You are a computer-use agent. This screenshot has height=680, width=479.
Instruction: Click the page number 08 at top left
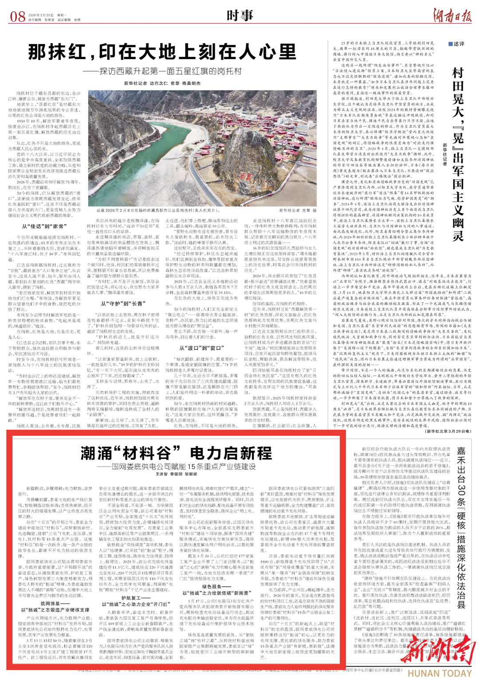point(18,16)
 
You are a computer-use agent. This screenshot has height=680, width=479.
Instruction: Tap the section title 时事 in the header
point(239,16)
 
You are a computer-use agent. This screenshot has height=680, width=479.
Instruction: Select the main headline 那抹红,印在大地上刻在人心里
point(162,52)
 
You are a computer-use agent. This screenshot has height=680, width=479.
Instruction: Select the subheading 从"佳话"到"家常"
point(44,226)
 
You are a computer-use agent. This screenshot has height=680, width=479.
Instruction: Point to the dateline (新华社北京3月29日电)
point(448,431)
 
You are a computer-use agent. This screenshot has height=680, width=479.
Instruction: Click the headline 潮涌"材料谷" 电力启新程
point(176,453)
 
